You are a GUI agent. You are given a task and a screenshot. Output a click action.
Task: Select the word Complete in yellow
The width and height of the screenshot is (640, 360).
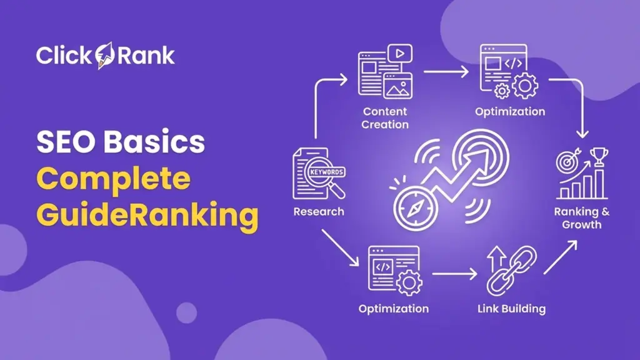[113, 179]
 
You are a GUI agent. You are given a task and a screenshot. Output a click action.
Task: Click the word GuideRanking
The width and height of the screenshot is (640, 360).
[147, 216]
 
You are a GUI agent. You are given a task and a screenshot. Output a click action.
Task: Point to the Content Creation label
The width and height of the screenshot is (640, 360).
[385, 118]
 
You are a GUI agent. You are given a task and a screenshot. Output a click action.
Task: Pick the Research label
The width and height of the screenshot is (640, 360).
[318, 211]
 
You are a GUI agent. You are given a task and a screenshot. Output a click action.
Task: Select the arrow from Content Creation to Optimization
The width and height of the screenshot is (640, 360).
[446, 72]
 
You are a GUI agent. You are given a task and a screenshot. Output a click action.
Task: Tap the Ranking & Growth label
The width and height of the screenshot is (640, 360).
[581, 218]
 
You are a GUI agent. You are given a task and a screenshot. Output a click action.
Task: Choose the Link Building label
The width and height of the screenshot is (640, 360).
[511, 309]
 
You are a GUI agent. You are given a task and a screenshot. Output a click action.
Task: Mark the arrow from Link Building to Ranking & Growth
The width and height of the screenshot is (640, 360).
[560, 257]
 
